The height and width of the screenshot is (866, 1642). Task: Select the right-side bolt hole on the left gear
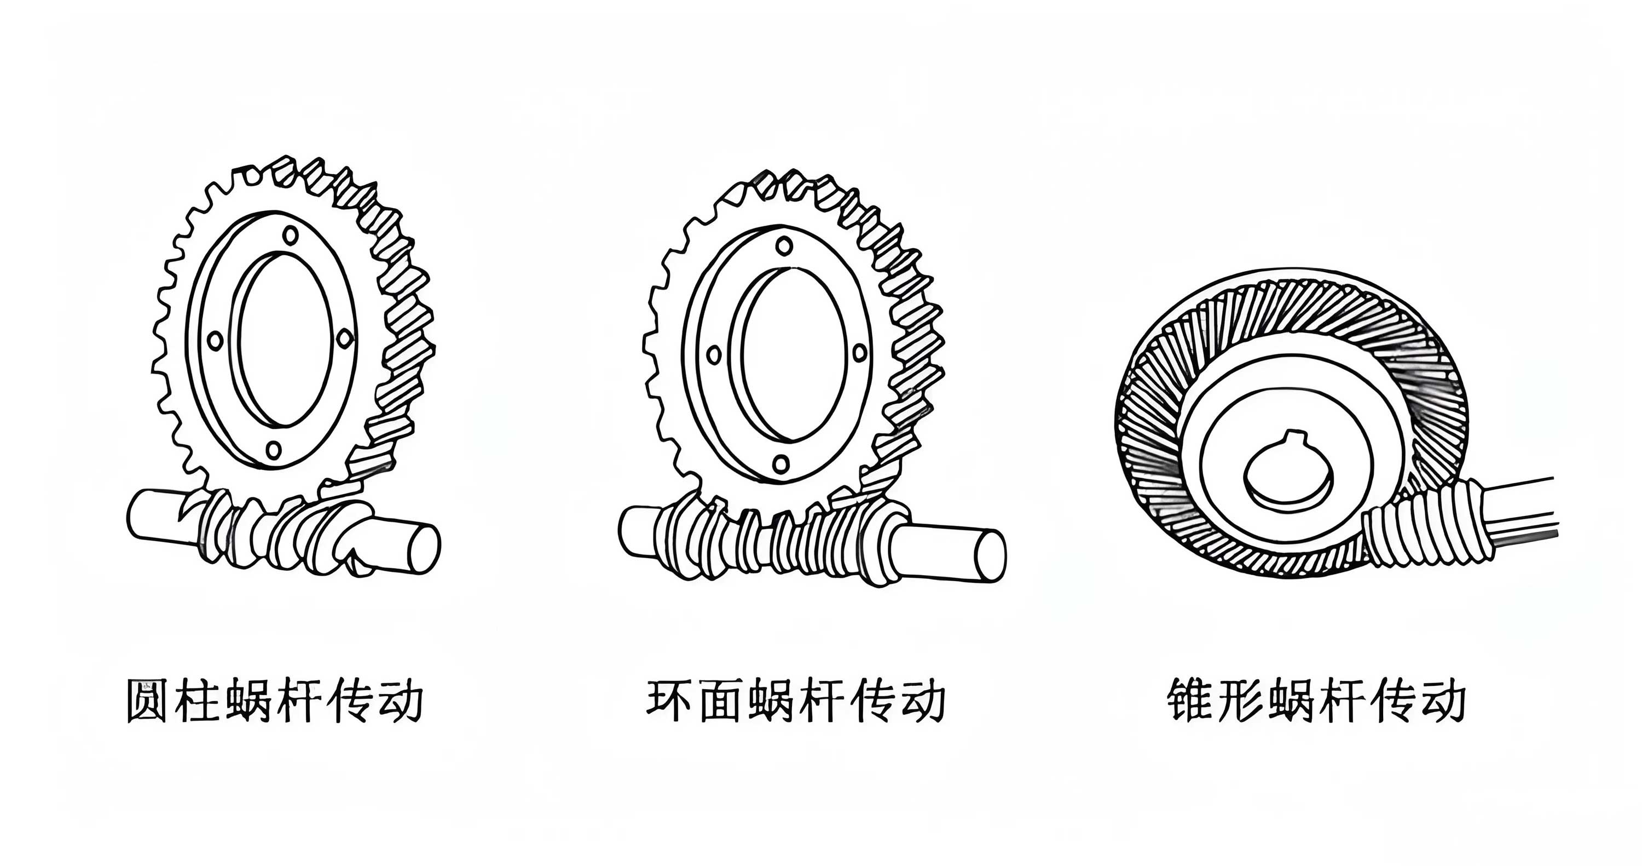pos(344,338)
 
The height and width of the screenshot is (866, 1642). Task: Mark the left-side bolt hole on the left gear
pos(216,341)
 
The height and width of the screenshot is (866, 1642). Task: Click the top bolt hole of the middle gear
pos(784,245)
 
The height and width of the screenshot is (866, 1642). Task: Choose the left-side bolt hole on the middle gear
pos(714,354)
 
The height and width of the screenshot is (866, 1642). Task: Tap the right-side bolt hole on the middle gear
pos(859,353)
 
